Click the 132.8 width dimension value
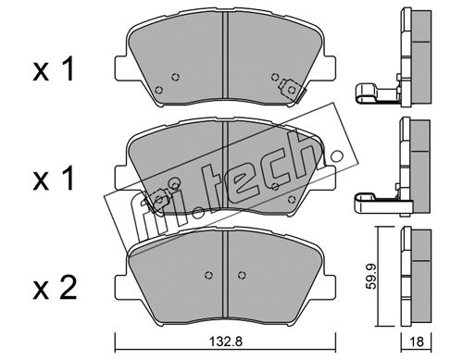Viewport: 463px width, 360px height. pyautogui.click(x=226, y=341)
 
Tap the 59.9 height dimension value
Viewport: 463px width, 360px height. pyautogui.click(x=371, y=276)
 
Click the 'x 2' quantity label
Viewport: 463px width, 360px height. pyautogui.click(x=55, y=288)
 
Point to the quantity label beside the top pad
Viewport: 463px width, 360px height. pyautogui.click(x=54, y=69)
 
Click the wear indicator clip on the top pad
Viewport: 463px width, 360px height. pyautogui.click(x=291, y=89)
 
